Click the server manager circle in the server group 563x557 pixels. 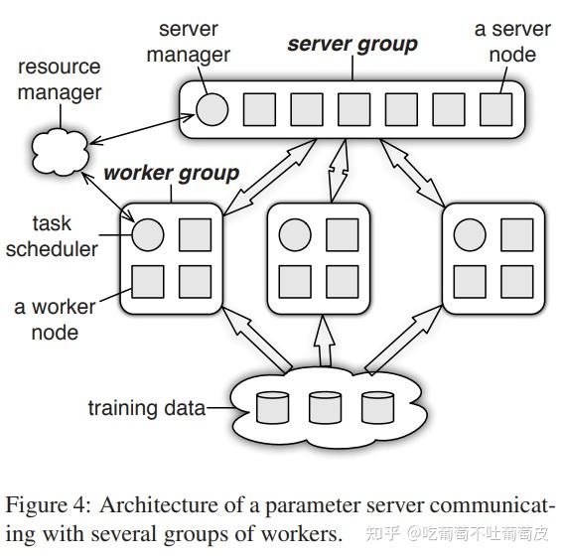coord(211,109)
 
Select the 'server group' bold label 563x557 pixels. coord(352,45)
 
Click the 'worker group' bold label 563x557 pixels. coord(171,173)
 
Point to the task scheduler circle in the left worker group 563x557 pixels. coord(147,235)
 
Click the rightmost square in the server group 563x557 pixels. coord(494,109)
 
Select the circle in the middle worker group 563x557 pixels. coord(294,235)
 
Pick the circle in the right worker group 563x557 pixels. coord(469,235)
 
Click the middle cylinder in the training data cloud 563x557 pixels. coord(323,407)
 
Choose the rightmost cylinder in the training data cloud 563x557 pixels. coord(375,407)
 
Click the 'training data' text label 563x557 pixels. coord(146,408)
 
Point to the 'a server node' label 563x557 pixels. coord(511,42)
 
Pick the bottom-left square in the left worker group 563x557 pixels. coord(147,282)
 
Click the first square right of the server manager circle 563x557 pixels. coord(259,109)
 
